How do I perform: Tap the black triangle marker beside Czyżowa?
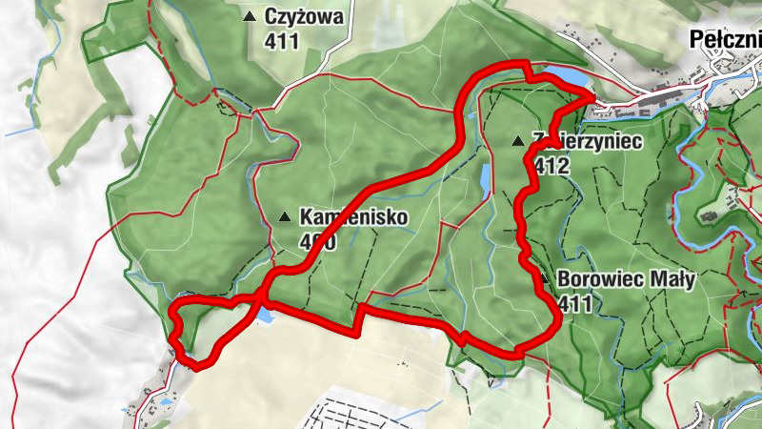250,16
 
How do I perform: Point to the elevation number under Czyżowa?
284,41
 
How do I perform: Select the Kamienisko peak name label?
353,217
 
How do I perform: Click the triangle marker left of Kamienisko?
284,217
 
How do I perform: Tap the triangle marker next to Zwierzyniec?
518,141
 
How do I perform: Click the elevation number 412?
551,165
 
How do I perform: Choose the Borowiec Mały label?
628,280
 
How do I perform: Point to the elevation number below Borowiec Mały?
576,304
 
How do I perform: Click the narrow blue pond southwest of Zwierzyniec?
486,177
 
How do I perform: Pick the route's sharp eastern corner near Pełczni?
593,96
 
